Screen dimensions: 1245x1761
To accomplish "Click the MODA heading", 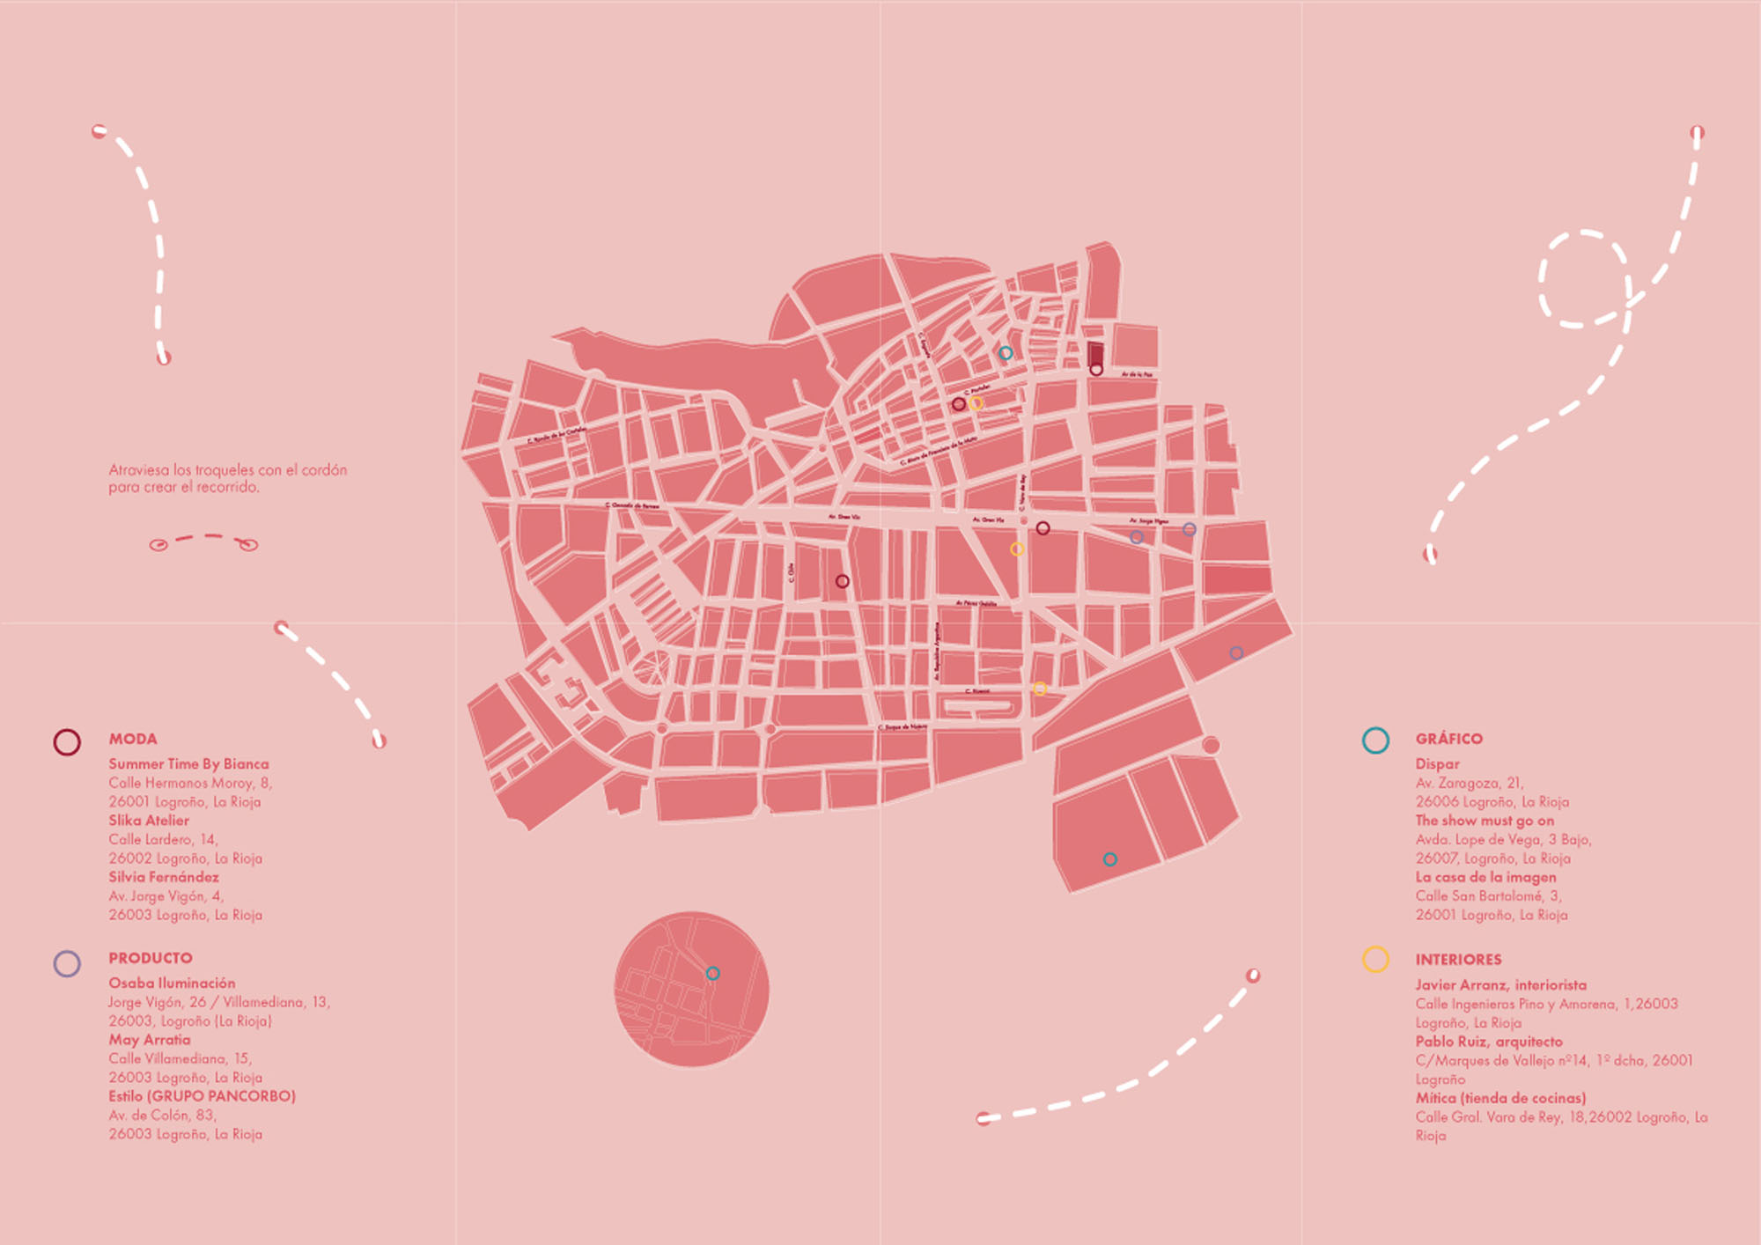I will click(x=133, y=739).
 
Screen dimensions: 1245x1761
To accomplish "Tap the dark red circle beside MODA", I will click(x=67, y=742).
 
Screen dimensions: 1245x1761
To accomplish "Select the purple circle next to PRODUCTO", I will click(x=67, y=963).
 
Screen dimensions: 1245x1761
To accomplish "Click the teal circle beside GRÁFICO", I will click(x=1375, y=740).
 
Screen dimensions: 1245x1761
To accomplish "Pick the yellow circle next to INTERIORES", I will click(x=1375, y=959).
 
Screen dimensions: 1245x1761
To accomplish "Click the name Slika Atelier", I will click(x=149, y=821).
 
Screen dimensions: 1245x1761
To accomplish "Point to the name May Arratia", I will click(x=150, y=1040).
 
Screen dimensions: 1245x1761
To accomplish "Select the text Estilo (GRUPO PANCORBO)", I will click(x=202, y=1096).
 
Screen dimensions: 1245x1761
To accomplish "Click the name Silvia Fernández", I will click(x=164, y=877).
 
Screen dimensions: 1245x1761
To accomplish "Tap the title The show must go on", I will click(x=1485, y=821).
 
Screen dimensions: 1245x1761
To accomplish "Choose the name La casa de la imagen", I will click(x=1485, y=877).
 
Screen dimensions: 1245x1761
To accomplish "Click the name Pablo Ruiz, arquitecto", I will click(x=1489, y=1042).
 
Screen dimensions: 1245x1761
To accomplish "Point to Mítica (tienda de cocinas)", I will click(x=1500, y=1098).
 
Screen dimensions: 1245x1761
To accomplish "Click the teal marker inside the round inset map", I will click(x=713, y=973).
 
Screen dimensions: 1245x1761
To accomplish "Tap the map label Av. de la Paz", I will click(x=1137, y=374).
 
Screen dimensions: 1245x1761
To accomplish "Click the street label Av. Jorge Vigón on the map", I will click(x=1149, y=521).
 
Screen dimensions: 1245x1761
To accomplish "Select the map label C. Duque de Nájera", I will click(x=903, y=727).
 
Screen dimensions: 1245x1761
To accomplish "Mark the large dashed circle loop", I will click(x=1582, y=278).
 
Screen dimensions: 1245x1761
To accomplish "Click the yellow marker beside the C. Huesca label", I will click(x=1040, y=689).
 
